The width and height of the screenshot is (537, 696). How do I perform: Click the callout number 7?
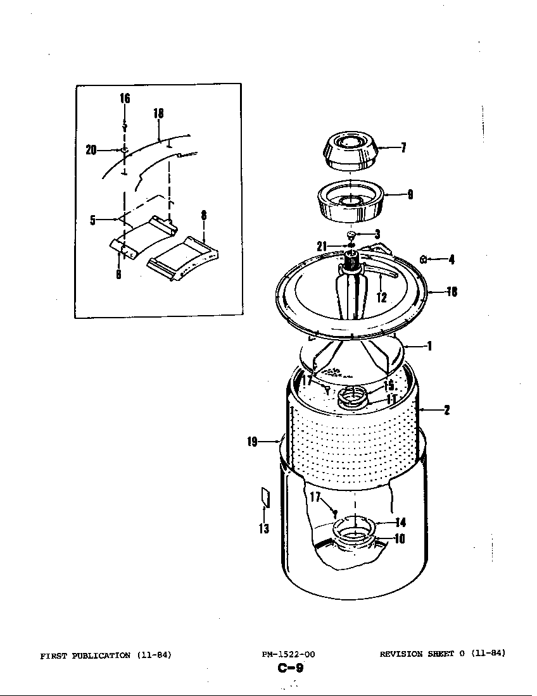pyautogui.click(x=403, y=148)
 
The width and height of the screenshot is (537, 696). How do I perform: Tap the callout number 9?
pyautogui.click(x=410, y=195)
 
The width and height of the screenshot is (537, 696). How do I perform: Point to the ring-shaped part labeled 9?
pyautogui.click(x=350, y=202)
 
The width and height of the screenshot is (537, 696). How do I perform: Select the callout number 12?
pyautogui.click(x=382, y=297)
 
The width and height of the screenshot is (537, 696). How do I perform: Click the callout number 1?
pyautogui.click(x=429, y=346)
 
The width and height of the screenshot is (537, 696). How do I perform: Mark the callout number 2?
pyautogui.click(x=446, y=410)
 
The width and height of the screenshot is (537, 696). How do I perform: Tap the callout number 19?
pyautogui.click(x=253, y=442)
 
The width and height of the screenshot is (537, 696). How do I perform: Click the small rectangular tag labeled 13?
pyautogui.click(x=265, y=497)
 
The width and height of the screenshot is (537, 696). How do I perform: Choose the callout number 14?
pyautogui.click(x=400, y=523)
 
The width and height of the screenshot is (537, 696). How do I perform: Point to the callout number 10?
pyautogui.click(x=400, y=539)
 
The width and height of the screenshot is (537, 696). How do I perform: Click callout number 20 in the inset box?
pyautogui.click(x=91, y=150)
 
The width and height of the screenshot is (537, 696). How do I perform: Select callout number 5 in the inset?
pyautogui.click(x=92, y=221)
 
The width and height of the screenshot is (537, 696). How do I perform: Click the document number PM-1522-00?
pyautogui.click(x=288, y=655)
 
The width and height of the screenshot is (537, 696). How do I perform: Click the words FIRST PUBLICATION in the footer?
pyautogui.click(x=85, y=655)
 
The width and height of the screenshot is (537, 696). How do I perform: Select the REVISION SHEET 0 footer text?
pyautogui.click(x=424, y=654)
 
